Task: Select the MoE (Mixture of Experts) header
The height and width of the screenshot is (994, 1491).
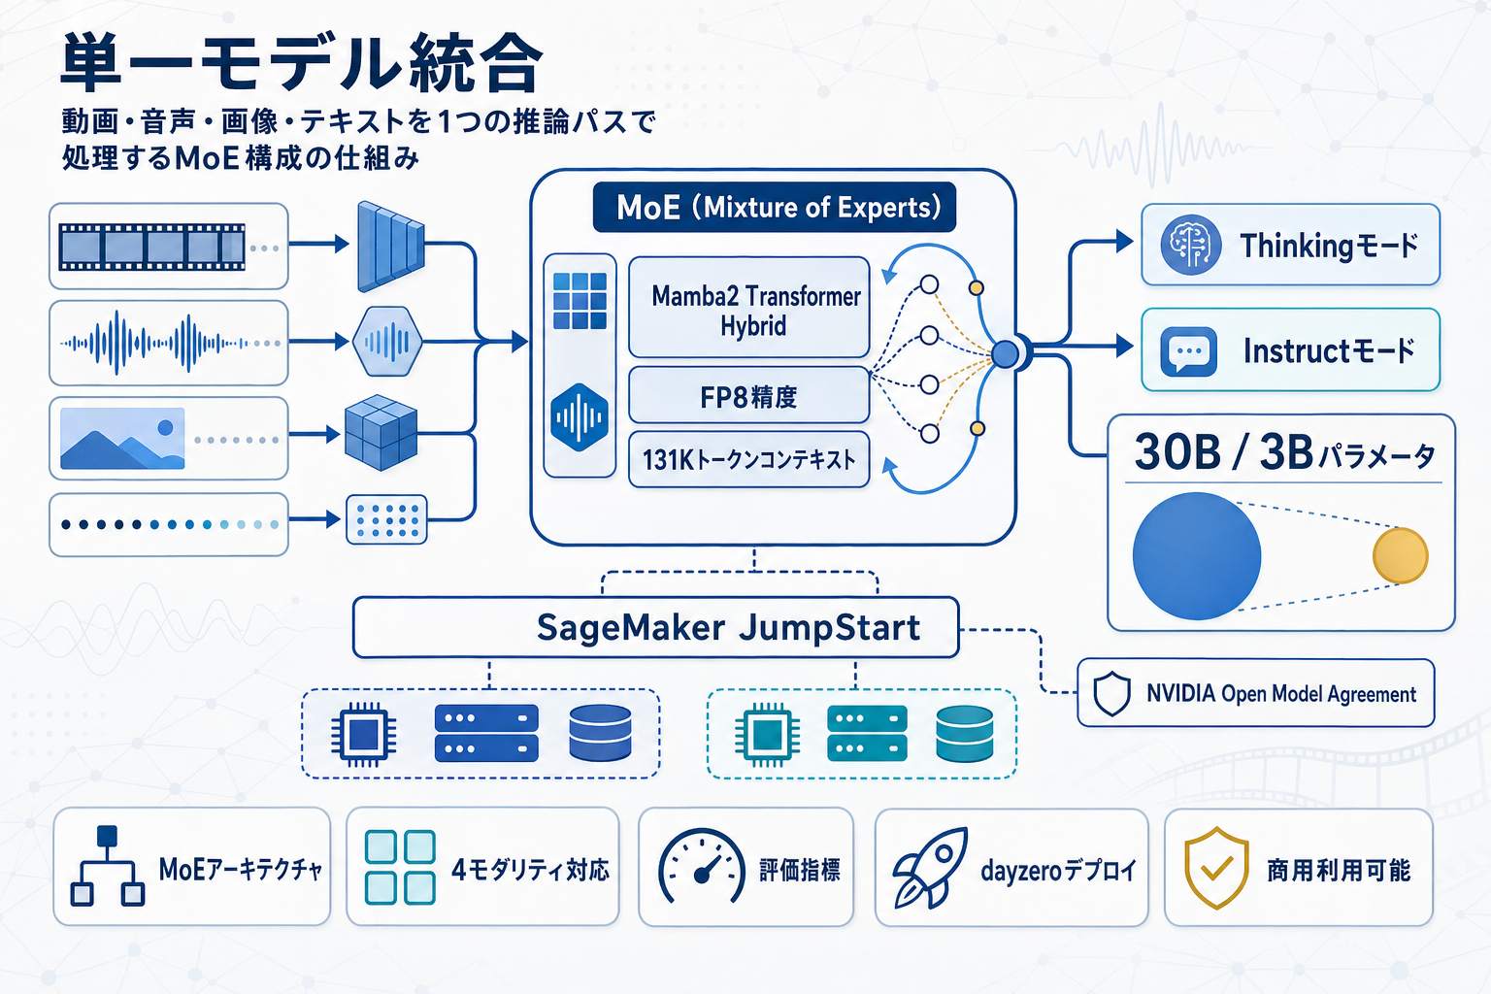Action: tap(775, 208)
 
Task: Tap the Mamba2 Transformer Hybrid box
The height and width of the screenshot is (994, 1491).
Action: tap(749, 309)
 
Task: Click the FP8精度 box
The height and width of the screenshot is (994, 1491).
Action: tap(748, 396)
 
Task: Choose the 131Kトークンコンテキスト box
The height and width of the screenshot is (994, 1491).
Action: tap(748, 459)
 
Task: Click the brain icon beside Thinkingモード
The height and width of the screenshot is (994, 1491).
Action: tap(1190, 245)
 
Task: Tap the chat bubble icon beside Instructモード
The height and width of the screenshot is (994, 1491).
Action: tap(1188, 351)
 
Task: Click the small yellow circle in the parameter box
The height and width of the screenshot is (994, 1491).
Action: tap(1400, 556)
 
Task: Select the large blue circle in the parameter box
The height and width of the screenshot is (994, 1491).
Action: tap(1197, 556)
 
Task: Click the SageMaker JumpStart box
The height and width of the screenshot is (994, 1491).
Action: tap(656, 628)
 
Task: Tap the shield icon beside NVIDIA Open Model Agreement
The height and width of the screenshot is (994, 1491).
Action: tap(1111, 694)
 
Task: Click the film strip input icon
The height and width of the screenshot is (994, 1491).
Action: tap(152, 247)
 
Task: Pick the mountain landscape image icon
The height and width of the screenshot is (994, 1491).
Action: tap(122, 439)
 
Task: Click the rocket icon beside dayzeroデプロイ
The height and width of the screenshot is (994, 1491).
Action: tap(930, 868)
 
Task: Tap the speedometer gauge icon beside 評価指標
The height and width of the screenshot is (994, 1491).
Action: tap(701, 868)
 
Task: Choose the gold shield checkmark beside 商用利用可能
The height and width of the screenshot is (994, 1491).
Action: tap(1216, 868)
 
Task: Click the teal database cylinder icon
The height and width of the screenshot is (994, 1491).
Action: tap(964, 734)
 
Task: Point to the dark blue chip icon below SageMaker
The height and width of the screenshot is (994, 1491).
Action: tap(363, 734)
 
